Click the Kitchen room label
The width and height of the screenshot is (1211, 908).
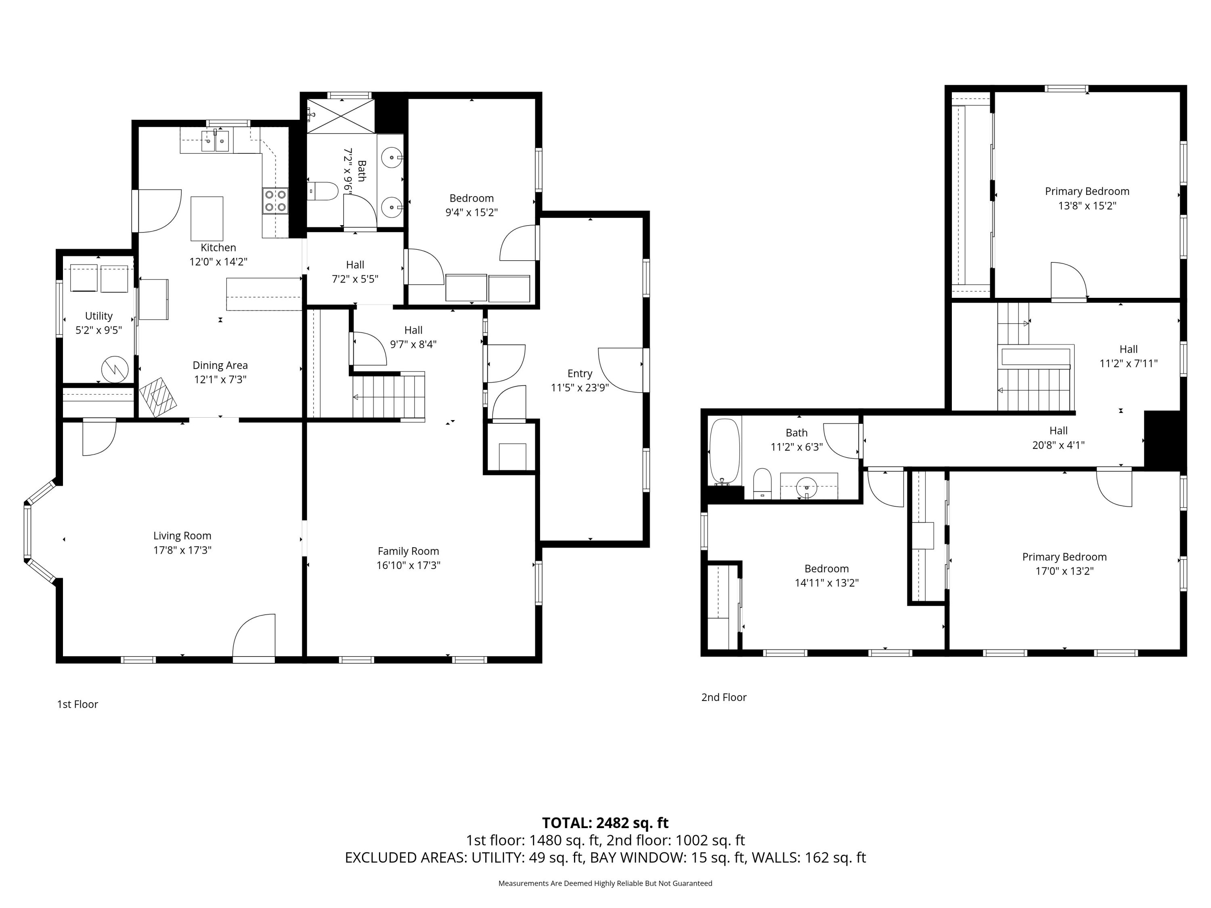pos(218,247)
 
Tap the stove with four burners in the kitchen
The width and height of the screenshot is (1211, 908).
pos(275,200)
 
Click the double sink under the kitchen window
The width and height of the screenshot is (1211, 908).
pos(215,141)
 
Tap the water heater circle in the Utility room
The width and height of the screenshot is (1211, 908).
pos(115,369)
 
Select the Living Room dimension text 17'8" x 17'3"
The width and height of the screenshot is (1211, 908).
pos(182,550)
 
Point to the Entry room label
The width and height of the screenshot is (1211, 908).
pos(580,373)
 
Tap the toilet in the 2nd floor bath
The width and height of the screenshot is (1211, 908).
pos(762,483)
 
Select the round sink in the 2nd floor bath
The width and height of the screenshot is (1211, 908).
pos(807,486)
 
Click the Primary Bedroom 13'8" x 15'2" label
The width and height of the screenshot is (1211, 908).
pos(1087,198)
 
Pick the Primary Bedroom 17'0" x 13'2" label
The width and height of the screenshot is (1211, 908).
pos(1064,564)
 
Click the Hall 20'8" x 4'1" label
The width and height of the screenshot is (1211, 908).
pos(1058,438)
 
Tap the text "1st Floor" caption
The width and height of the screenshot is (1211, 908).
pos(78,704)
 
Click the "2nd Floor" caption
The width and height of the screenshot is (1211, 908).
pos(724,697)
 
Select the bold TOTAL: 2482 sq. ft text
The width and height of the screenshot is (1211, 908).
pos(605,823)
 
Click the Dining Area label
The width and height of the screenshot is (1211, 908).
pos(220,365)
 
